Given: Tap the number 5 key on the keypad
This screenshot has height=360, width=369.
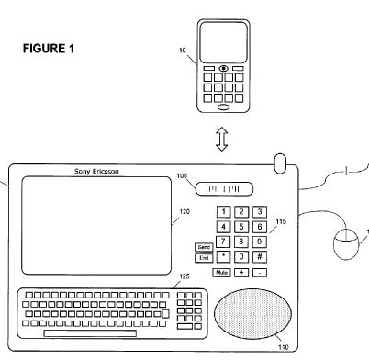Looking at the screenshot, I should point(241,227).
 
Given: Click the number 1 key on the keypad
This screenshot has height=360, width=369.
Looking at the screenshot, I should point(223,212).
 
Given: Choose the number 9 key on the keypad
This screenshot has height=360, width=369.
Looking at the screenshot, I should point(260,242).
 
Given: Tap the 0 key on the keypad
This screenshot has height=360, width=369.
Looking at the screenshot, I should point(241,256).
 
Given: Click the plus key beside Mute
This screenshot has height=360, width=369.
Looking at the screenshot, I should point(241,273).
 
